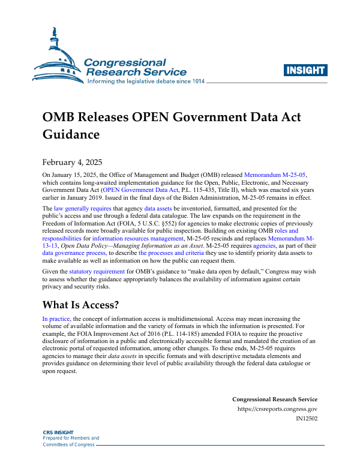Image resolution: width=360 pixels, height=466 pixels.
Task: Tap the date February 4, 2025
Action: pyautogui.click(x=71, y=162)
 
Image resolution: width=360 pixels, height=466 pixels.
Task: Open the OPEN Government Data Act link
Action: pyautogui.click(x=139, y=190)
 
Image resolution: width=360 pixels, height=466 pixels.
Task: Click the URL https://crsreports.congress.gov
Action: pyautogui.click(x=278, y=409)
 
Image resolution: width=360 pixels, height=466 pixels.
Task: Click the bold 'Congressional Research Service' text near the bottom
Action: pyautogui.click(x=275, y=399)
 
